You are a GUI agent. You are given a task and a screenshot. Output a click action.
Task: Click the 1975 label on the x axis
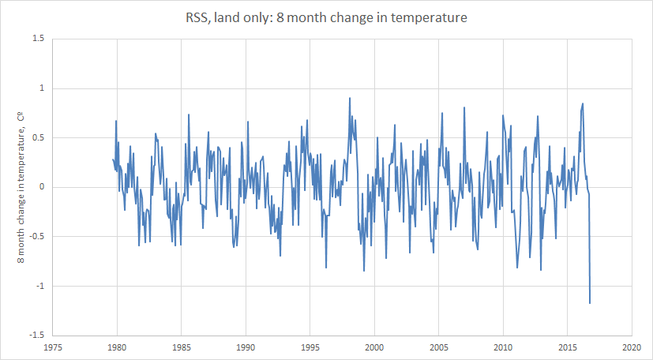coord(53,347)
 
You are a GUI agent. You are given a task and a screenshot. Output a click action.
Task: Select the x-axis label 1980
coord(117,347)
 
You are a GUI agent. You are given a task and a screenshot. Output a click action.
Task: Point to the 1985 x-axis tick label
coord(182,347)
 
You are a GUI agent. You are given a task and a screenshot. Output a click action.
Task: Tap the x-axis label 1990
coord(246,347)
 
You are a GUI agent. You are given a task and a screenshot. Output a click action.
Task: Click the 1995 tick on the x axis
coord(310,347)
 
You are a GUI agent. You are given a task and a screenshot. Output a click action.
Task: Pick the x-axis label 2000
coord(374,347)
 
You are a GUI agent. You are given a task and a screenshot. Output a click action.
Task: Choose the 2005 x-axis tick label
coord(439,347)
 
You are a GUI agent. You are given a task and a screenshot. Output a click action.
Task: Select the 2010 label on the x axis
coord(503,347)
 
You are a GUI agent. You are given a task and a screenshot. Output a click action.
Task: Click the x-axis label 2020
coord(632,347)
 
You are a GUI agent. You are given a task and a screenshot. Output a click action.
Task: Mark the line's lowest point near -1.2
coord(590,302)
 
